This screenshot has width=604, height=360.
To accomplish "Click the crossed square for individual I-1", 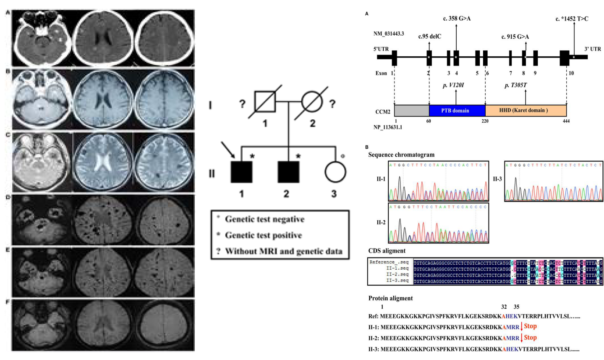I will point(265,101).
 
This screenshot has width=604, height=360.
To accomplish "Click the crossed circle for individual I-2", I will point(312,101).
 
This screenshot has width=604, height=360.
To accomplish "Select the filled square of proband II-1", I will point(241,172).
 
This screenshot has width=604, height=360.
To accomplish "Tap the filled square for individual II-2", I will point(288,172).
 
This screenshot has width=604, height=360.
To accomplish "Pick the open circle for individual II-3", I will point(335,172).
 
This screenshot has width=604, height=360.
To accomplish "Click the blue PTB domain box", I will point(457,110).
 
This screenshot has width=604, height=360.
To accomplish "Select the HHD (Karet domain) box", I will point(526,110).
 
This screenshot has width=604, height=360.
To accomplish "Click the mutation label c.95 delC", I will point(429,37).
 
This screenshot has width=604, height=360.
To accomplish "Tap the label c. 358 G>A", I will point(457,18).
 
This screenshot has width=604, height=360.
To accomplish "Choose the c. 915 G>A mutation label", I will point(515,37).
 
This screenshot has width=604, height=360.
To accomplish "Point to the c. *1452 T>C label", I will point(572,18).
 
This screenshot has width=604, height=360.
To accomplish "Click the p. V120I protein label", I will point(453,85).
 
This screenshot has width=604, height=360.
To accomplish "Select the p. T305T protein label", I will point(515,85).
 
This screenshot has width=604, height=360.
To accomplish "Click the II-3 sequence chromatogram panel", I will point(553,181).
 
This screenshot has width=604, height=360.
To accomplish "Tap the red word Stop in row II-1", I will point(530,326).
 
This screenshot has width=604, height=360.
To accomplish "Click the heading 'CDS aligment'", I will point(387,251).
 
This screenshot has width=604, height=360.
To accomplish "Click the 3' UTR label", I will point(592,49).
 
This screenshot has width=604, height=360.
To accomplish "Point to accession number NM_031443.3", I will point(389,34).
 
